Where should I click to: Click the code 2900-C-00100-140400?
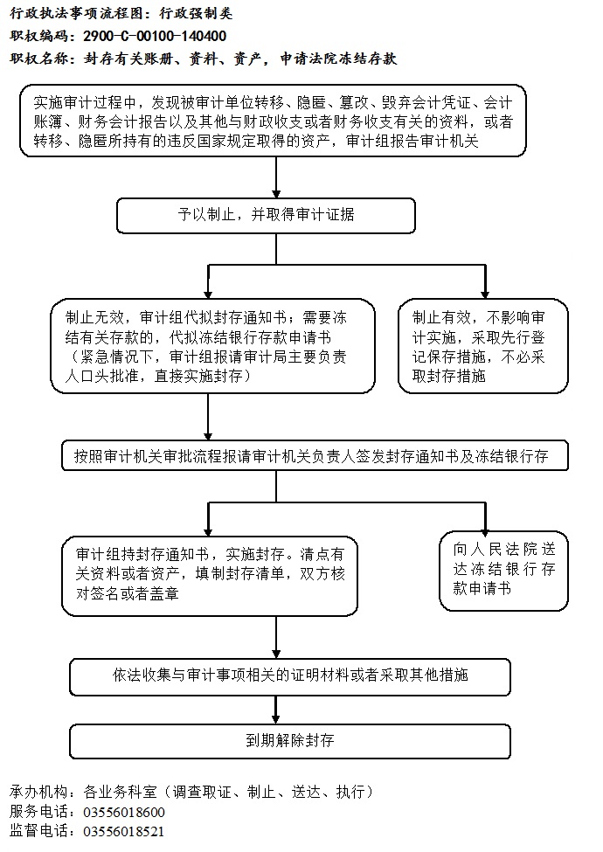point(155,37)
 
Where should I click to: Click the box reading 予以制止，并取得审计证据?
point(267,216)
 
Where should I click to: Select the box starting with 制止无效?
point(212,345)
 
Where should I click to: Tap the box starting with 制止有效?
point(483,345)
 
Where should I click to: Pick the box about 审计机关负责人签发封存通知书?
point(315,455)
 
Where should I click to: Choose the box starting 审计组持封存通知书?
point(210,576)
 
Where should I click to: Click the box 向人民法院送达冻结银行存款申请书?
point(503,571)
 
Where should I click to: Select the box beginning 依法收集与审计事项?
point(290,677)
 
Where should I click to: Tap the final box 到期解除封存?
point(290,741)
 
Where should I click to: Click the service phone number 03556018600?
point(124,813)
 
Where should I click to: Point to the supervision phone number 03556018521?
point(123,831)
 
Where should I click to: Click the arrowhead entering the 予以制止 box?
point(276,194)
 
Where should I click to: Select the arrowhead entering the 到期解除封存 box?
point(276,719)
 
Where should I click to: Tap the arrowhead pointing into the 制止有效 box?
point(485,294)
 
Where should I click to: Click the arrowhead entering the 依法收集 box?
point(276,655)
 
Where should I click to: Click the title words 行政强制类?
point(196,13)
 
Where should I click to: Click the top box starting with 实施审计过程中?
point(274,121)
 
